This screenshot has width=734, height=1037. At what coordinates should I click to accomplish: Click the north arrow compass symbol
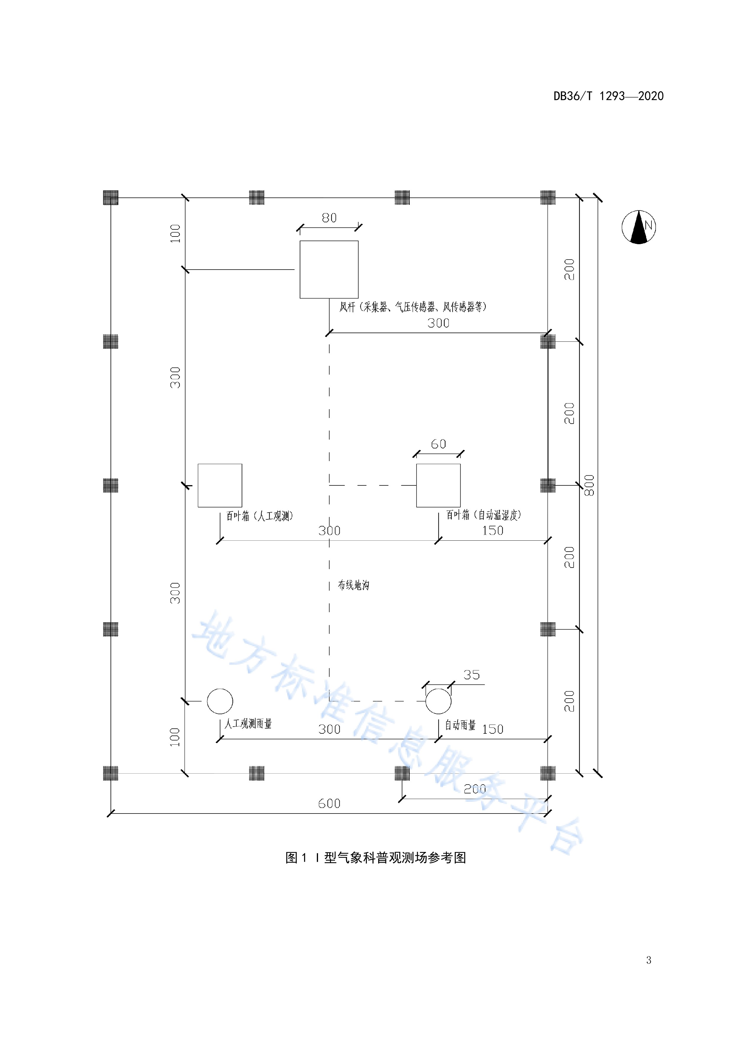pyautogui.click(x=639, y=227)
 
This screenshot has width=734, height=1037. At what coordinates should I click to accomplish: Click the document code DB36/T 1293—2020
pyautogui.click(x=608, y=96)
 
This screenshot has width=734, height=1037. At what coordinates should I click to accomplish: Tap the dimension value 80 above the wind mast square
pyautogui.click(x=329, y=218)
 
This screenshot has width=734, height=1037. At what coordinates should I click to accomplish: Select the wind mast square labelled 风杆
pyautogui.click(x=329, y=269)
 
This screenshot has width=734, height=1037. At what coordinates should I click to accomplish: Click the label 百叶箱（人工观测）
pyautogui.click(x=259, y=516)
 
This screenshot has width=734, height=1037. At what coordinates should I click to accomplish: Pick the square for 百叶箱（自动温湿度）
pyautogui.click(x=438, y=485)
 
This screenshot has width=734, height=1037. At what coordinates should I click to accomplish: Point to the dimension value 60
pyautogui.click(x=438, y=444)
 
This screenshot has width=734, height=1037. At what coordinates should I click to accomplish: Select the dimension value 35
pyautogui.click(x=471, y=675)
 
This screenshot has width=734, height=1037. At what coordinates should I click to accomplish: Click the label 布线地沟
pyautogui.click(x=354, y=585)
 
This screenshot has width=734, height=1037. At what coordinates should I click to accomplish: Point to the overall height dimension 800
pyautogui.click(x=589, y=485)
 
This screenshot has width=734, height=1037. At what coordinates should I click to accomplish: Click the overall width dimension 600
pyautogui.click(x=329, y=803)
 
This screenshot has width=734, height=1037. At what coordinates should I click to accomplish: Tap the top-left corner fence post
pyautogui.click(x=111, y=197)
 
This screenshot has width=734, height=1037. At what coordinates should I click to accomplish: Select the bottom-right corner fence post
pyautogui.click(x=548, y=773)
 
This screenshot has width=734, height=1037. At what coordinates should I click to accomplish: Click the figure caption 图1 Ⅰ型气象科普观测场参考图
pyautogui.click(x=376, y=858)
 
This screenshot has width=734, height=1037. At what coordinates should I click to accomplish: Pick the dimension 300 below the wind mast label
pyautogui.click(x=438, y=323)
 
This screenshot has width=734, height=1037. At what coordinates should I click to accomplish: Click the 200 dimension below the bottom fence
pyautogui.click(x=475, y=789)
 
